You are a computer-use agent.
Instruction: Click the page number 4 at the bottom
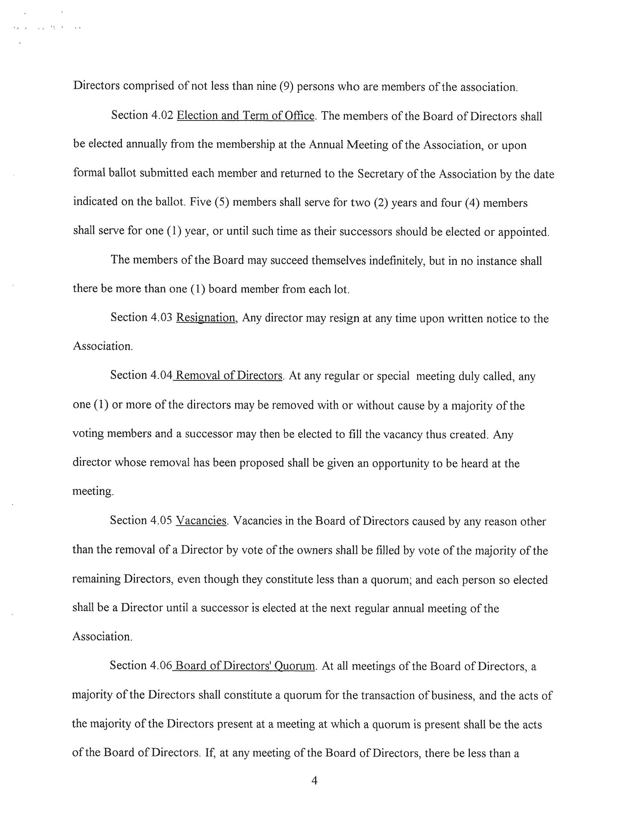315,780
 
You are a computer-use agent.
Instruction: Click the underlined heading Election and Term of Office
246,115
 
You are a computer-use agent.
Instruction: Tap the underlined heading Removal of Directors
229,376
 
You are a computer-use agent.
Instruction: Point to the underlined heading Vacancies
201,521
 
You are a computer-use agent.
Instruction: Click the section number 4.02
162,115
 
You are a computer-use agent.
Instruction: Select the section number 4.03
161,318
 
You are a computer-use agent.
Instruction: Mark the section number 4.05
161,521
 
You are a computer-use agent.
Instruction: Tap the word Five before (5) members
200,202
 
